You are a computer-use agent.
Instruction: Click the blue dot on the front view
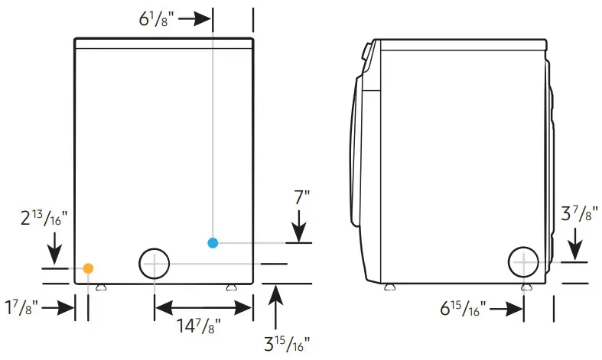pyautogui.click(x=213, y=243)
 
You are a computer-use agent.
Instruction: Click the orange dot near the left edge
pyautogui.click(x=89, y=268)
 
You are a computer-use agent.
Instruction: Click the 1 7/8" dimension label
pyautogui.click(x=21, y=309)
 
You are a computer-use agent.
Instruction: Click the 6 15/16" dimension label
pyautogui.click(x=461, y=310)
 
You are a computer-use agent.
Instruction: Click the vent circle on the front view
pyautogui.click(x=155, y=264)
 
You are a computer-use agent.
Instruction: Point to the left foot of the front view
pyautogui.click(x=100, y=287)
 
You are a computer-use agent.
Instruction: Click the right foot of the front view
pyautogui.click(x=231, y=287)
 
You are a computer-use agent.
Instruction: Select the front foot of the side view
pyautogui.click(x=390, y=287)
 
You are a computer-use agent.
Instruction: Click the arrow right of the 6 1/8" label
pyautogui.click(x=195, y=18)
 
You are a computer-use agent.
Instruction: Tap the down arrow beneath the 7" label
pyautogui.click(x=299, y=228)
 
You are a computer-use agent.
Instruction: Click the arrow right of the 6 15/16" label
pyautogui.click(x=507, y=310)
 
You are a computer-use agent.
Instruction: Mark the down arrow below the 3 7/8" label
pyautogui.click(x=575, y=245)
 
